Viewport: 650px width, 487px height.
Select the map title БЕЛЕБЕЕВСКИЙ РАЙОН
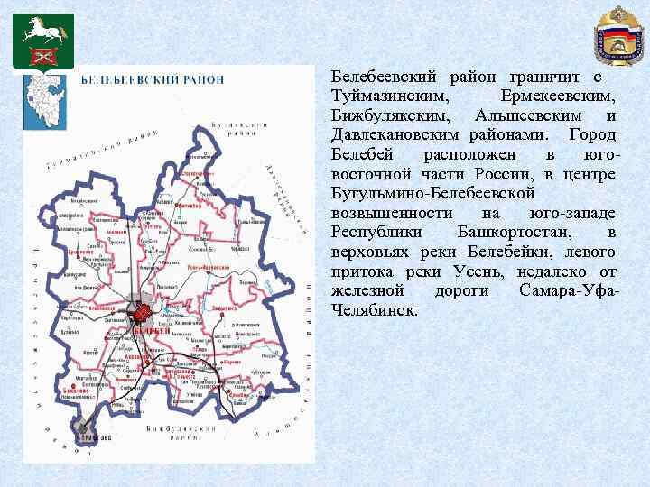tap(153, 79)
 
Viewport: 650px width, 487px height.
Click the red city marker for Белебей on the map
tap(142, 313)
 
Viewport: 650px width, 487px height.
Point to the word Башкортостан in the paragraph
tap(511, 233)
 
